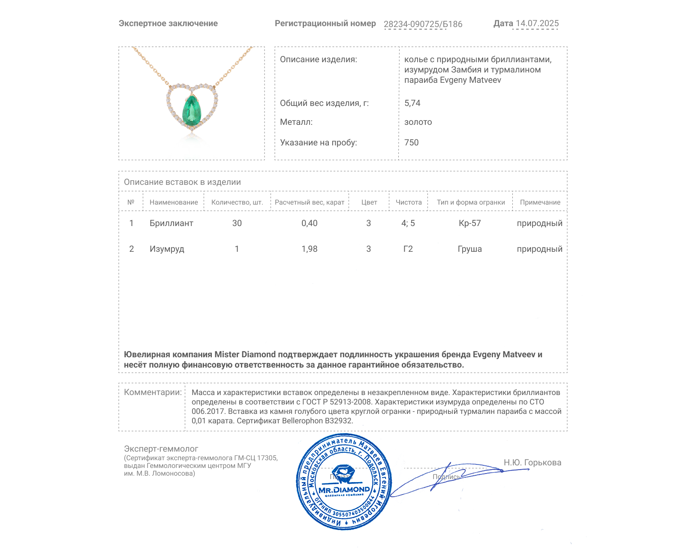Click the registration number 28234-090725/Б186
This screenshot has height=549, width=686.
423,24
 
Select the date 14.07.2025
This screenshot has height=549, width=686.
537,24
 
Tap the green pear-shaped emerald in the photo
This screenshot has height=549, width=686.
192,110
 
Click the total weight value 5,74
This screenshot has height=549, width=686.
412,103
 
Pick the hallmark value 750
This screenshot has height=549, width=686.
411,142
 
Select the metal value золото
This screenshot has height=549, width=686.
418,122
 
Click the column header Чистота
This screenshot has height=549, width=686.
408,202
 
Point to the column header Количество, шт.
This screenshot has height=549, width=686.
237,202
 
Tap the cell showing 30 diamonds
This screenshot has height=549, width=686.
237,223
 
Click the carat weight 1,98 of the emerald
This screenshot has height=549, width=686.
309,249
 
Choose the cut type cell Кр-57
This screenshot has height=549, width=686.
469,223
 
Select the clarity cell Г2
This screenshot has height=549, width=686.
408,249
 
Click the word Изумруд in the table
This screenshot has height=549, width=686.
167,249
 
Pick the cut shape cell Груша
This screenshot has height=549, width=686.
469,249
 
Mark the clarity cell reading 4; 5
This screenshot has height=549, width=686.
408,223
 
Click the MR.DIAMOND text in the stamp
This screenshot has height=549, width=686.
344,490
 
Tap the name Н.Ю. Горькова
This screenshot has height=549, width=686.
532,462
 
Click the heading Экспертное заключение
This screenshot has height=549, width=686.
168,24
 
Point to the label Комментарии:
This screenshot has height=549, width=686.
153,392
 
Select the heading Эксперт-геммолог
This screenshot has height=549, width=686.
161,449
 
